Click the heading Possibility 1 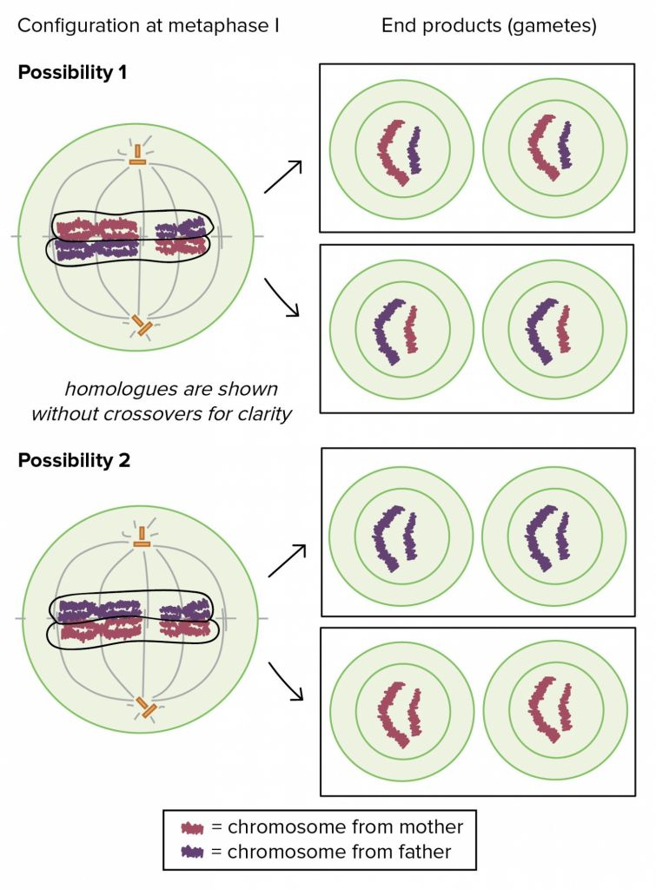(x=72, y=73)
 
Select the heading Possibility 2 (x=74, y=460)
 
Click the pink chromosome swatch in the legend (x=192, y=828)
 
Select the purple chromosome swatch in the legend (x=192, y=853)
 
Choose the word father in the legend (x=425, y=852)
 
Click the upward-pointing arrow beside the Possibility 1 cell (x=283, y=177)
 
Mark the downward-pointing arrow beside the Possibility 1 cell (x=282, y=298)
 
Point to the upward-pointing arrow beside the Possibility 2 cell (x=287, y=561)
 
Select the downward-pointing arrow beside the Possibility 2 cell (x=286, y=682)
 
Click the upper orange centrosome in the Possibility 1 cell (x=137, y=155)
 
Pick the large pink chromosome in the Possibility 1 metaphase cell (x=97, y=229)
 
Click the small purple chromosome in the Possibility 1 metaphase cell (x=181, y=230)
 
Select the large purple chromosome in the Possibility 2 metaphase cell (x=100, y=611)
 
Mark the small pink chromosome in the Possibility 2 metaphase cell (x=184, y=629)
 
